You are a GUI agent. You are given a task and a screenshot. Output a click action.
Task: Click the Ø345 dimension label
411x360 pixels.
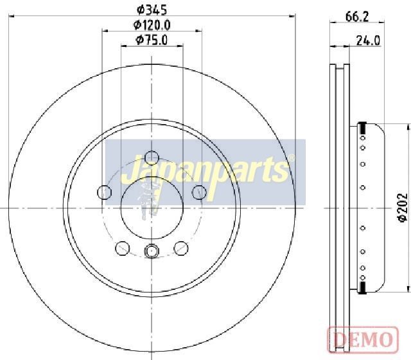[x=152, y=10]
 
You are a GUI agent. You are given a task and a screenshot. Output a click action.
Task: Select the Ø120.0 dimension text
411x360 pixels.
[x=152, y=25]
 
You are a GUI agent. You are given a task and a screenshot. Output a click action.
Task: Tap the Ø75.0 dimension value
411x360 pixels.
[x=152, y=40]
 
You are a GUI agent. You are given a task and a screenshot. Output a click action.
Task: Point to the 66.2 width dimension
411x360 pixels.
[x=357, y=17]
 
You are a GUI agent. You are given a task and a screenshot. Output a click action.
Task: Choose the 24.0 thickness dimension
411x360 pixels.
[x=368, y=40]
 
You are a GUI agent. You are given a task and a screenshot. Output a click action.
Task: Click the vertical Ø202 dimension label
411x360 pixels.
[x=403, y=208]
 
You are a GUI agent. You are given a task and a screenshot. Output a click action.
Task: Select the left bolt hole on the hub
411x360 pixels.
[x=104, y=192]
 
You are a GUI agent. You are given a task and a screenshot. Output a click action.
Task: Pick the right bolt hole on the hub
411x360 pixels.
[x=199, y=192]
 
